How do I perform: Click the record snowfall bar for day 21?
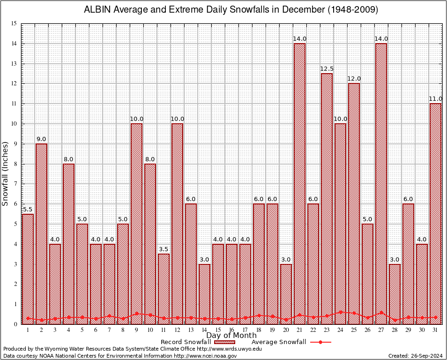(299, 183)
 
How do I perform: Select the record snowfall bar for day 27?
(381, 183)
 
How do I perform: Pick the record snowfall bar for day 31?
(435, 213)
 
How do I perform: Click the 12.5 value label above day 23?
(327, 69)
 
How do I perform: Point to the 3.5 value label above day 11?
(164, 249)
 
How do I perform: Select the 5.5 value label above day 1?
(28, 210)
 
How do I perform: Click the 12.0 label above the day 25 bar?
(354, 79)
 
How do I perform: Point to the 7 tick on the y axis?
(15, 184)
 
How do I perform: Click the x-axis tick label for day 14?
(204, 330)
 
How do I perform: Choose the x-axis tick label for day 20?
(286, 330)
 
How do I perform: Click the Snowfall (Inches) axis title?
(6, 174)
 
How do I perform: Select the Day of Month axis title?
(231, 336)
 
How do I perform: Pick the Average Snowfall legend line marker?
(320, 342)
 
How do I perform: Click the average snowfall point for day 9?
(136, 314)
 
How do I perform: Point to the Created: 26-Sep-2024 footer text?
(415, 356)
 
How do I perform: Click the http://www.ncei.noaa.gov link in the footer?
(205, 356)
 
